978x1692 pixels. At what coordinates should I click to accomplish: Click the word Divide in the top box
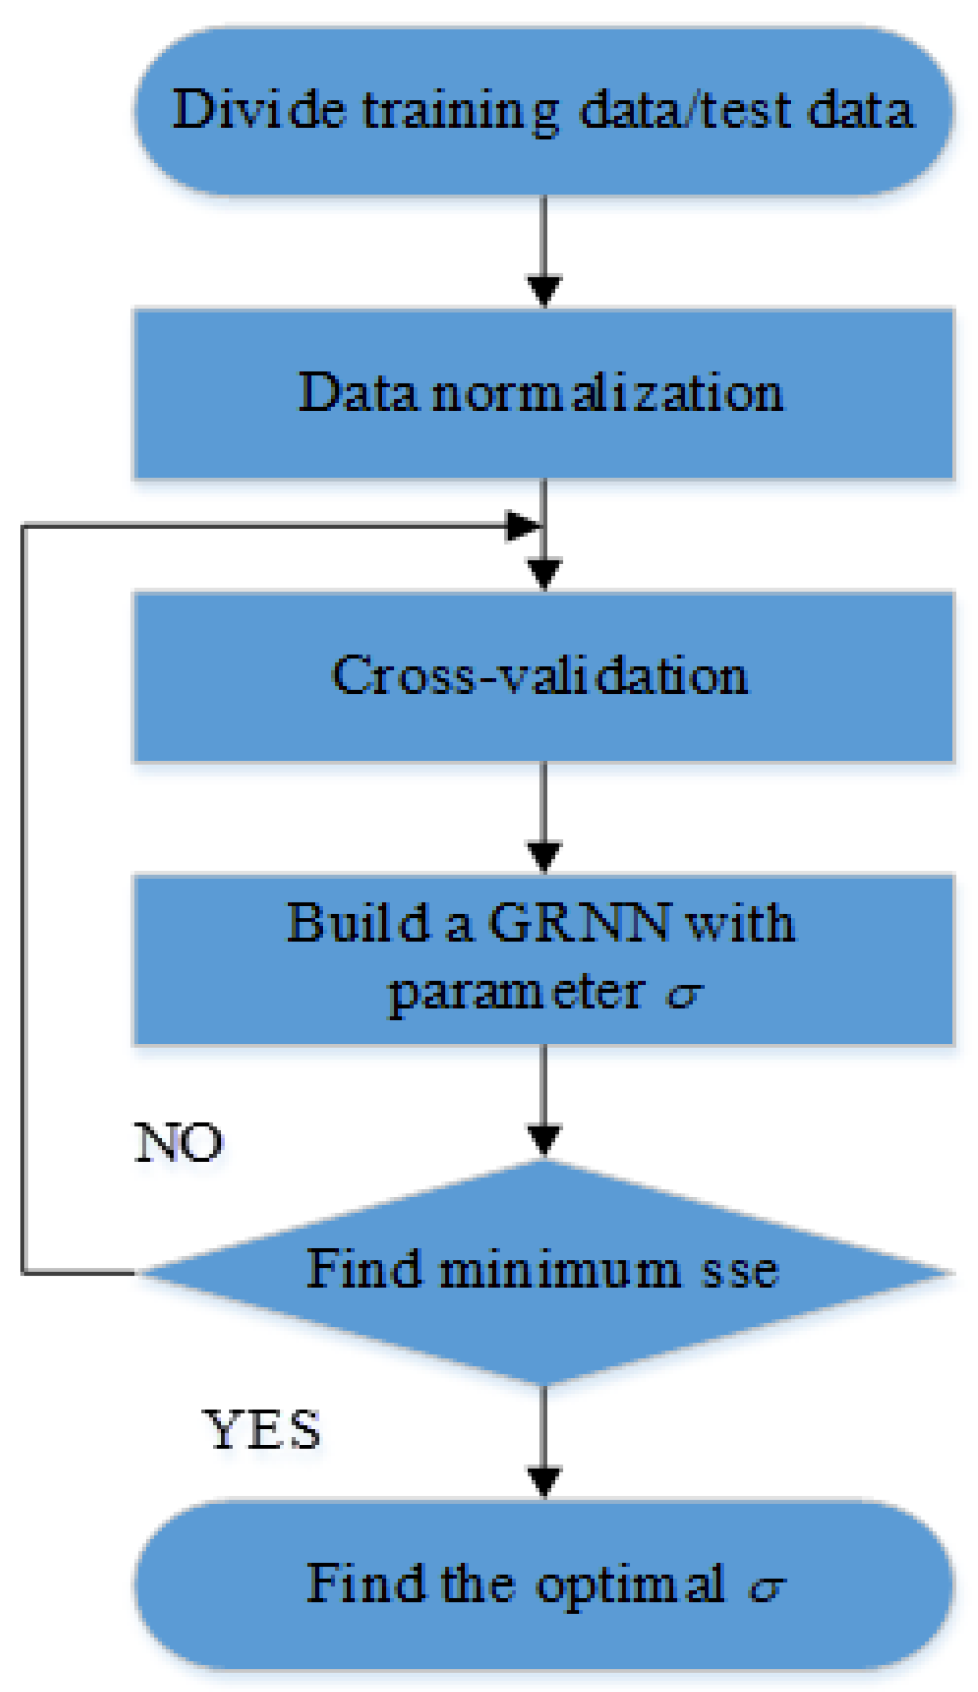259,109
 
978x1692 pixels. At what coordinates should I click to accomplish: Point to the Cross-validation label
539,675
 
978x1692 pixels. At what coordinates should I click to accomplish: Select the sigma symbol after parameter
683,995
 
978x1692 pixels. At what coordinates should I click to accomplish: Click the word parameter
517,994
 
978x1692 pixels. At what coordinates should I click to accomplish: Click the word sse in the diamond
739,1271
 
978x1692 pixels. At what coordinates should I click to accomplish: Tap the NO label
178,1143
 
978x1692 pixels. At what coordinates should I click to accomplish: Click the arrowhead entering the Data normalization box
543,291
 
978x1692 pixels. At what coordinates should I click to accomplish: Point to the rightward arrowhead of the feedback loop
522,525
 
